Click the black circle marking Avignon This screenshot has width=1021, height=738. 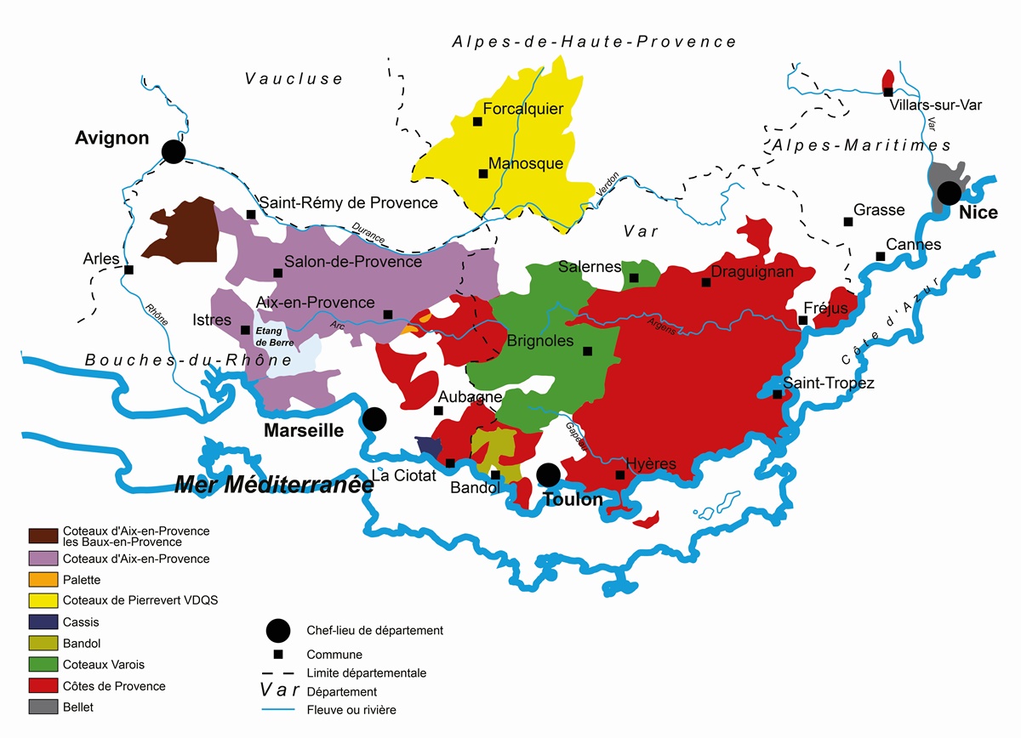click(174, 151)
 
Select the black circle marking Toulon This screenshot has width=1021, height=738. click(549, 474)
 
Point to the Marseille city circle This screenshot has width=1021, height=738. click(374, 418)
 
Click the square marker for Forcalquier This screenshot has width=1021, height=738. click(477, 122)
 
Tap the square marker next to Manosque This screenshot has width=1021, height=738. click(482, 173)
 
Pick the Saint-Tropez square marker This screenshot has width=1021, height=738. click(777, 394)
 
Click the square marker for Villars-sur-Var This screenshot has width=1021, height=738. click(887, 92)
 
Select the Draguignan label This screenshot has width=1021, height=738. click(751, 272)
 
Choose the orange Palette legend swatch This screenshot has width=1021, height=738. click(43, 580)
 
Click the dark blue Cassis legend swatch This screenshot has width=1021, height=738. click(43, 622)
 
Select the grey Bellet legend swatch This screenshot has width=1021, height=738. click(43, 707)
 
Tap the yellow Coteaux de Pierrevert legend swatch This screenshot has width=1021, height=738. click(43, 600)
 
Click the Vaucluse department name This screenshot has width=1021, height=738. click(294, 79)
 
